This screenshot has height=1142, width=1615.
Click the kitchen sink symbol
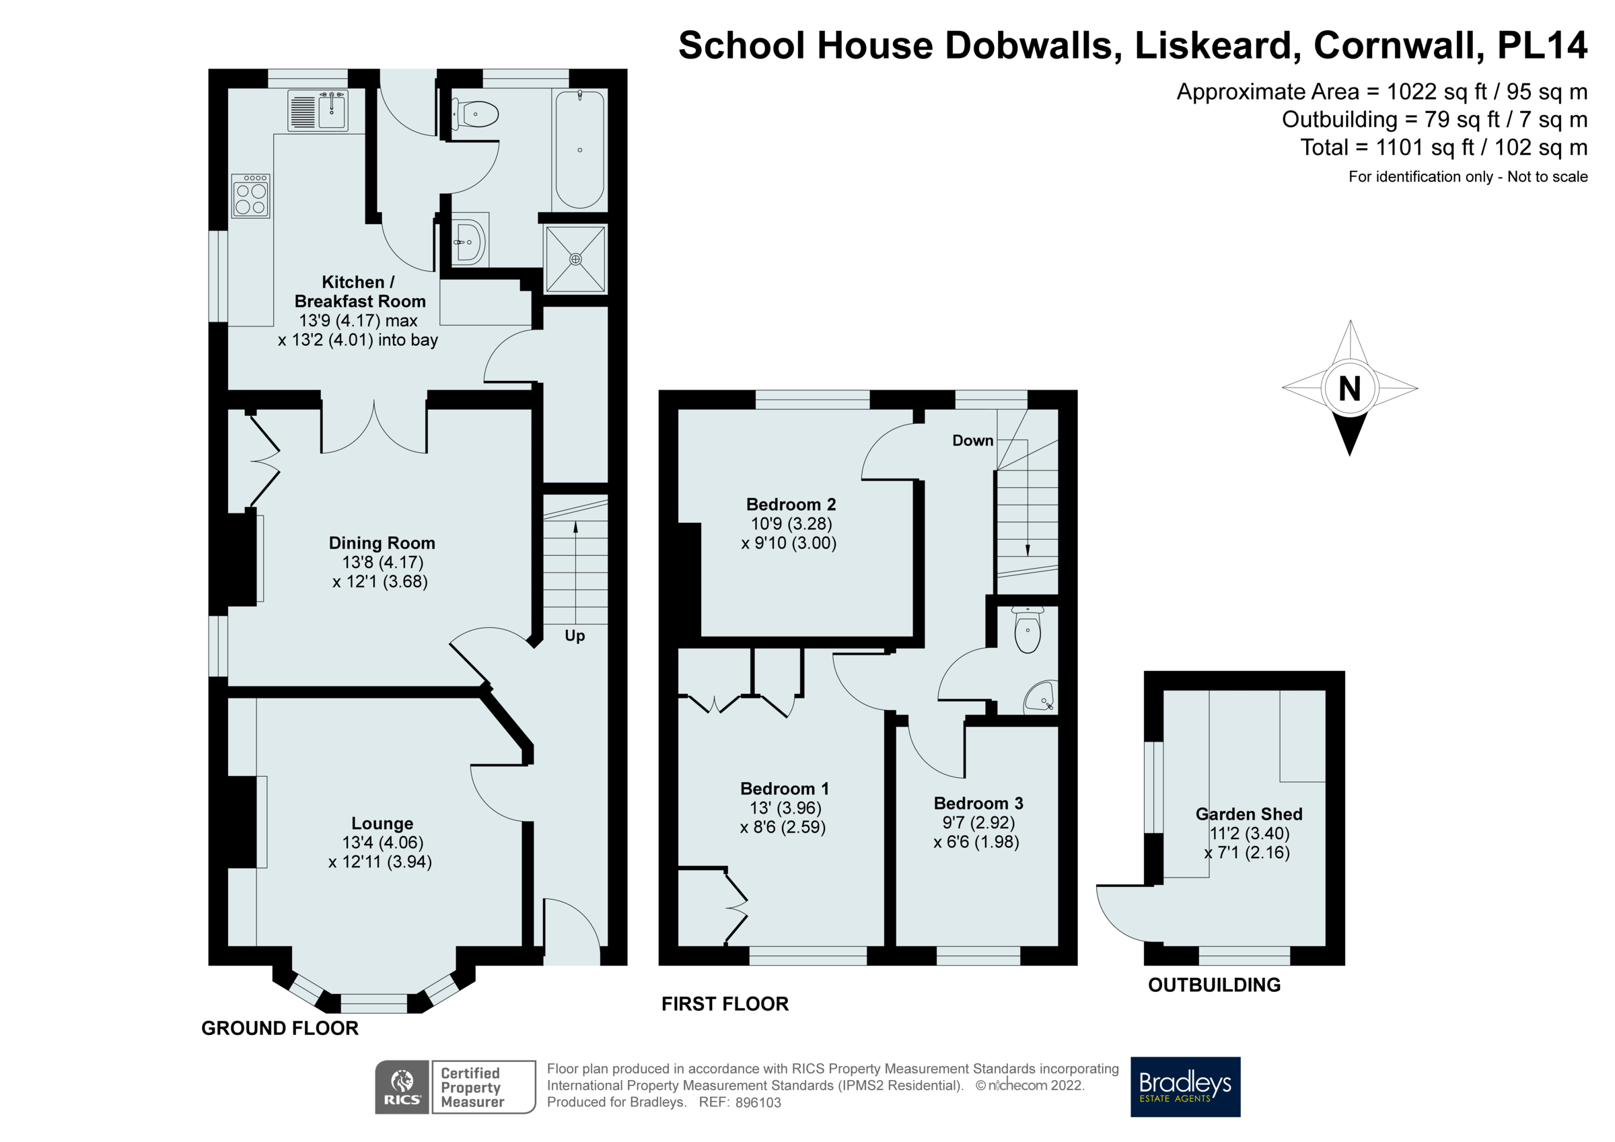(x=317, y=111)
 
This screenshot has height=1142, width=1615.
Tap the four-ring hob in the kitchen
(x=250, y=197)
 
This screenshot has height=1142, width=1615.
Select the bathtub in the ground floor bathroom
(x=579, y=150)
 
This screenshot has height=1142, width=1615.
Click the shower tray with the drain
(x=575, y=259)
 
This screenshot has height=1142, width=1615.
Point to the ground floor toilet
(x=477, y=114)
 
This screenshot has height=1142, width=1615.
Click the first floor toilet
(x=1027, y=630)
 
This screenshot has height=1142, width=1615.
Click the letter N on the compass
(x=1349, y=388)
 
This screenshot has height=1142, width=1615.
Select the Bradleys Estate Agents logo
(x=1184, y=1086)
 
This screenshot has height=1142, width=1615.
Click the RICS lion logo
(x=402, y=1086)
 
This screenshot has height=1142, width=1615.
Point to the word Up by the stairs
(x=575, y=635)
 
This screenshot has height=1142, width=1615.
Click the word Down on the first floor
(x=972, y=441)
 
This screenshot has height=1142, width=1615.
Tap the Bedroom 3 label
(x=978, y=803)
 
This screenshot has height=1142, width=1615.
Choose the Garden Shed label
(x=1248, y=814)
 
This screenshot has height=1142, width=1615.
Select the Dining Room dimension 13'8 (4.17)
(x=382, y=562)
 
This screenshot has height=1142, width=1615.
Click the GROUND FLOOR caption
(x=280, y=1028)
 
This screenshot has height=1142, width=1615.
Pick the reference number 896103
(x=758, y=1102)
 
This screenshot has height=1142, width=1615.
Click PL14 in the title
(x=1542, y=45)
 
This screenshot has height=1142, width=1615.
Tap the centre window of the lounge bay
(x=373, y=1002)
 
